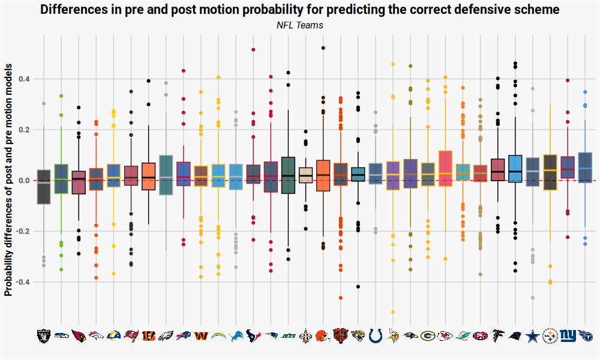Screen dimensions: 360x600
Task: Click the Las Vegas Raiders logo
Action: pos(44,335)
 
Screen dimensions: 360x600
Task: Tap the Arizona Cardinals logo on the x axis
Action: pos(79,335)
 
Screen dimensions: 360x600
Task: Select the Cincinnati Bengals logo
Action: pos(148,335)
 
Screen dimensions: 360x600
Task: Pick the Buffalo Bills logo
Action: pos(183,335)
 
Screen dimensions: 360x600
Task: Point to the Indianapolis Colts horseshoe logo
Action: pos(376,335)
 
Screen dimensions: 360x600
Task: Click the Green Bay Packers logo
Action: pos(428,335)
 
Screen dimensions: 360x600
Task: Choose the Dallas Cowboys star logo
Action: pos(532,335)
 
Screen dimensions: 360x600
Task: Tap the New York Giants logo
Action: pos(568,335)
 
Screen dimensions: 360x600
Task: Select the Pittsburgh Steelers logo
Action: pos(550,335)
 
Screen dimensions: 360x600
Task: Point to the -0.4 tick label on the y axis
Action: pos(22,282)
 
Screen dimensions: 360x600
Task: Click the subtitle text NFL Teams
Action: pos(300,25)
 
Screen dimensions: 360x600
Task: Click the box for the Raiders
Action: pos(44,187)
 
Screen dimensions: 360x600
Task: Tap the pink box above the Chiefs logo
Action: pos(445,168)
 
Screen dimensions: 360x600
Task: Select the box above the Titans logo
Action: pos(585,167)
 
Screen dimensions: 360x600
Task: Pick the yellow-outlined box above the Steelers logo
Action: pos(550,172)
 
